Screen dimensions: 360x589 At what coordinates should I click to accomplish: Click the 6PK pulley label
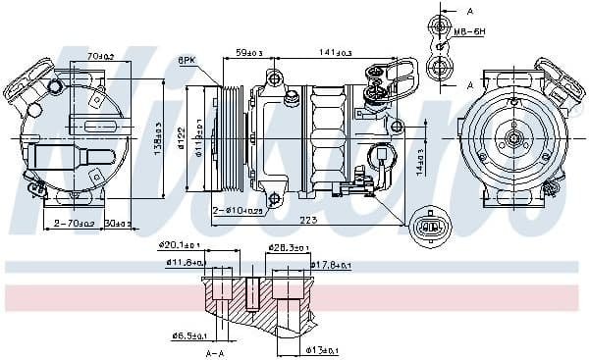pyautogui.click(x=186, y=61)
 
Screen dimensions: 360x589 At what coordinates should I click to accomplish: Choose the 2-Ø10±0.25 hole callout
pyautogui.click(x=239, y=210)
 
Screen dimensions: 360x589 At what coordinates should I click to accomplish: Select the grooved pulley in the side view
pyautogui.click(x=228, y=138)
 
